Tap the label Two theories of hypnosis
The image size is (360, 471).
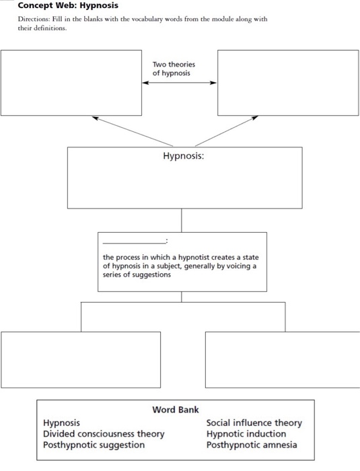coord(174,69)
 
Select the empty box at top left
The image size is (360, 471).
coord(71,83)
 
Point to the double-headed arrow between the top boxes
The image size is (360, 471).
coord(179,83)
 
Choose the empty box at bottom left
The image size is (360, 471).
coord(81,359)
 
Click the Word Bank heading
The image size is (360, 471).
coord(176,410)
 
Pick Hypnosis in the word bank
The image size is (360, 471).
coord(61,423)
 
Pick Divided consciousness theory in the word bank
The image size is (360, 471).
coord(104,434)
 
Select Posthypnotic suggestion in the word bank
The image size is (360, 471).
coord(94,445)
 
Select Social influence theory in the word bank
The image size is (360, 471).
coord(254,423)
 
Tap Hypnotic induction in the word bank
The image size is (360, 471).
coord(246,434)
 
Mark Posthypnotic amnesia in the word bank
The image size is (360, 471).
coord(251,445)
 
